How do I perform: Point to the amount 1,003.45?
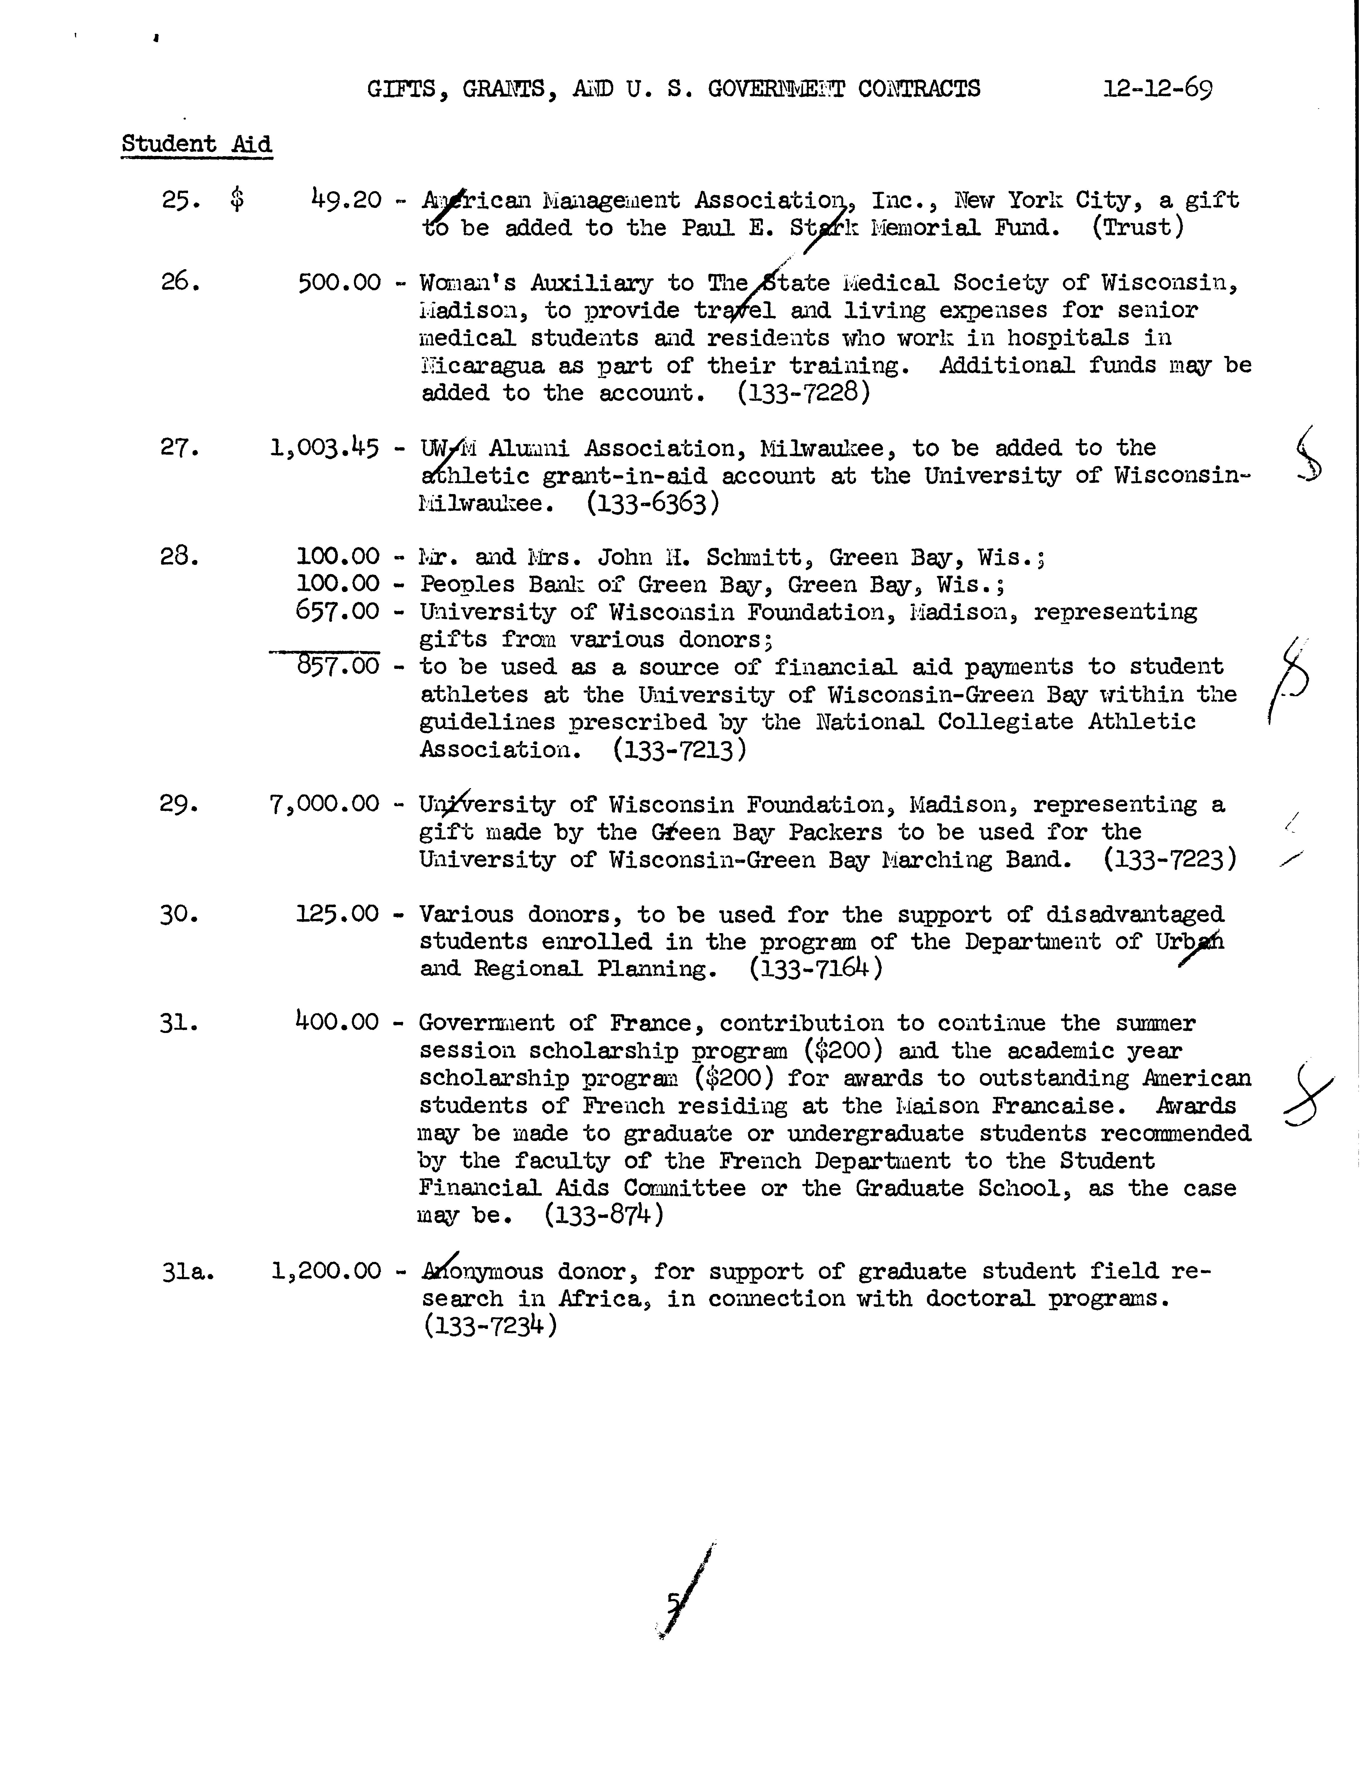324,448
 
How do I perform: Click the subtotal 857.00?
338,666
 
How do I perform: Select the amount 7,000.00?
324,804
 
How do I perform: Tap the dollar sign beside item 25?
237,199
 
